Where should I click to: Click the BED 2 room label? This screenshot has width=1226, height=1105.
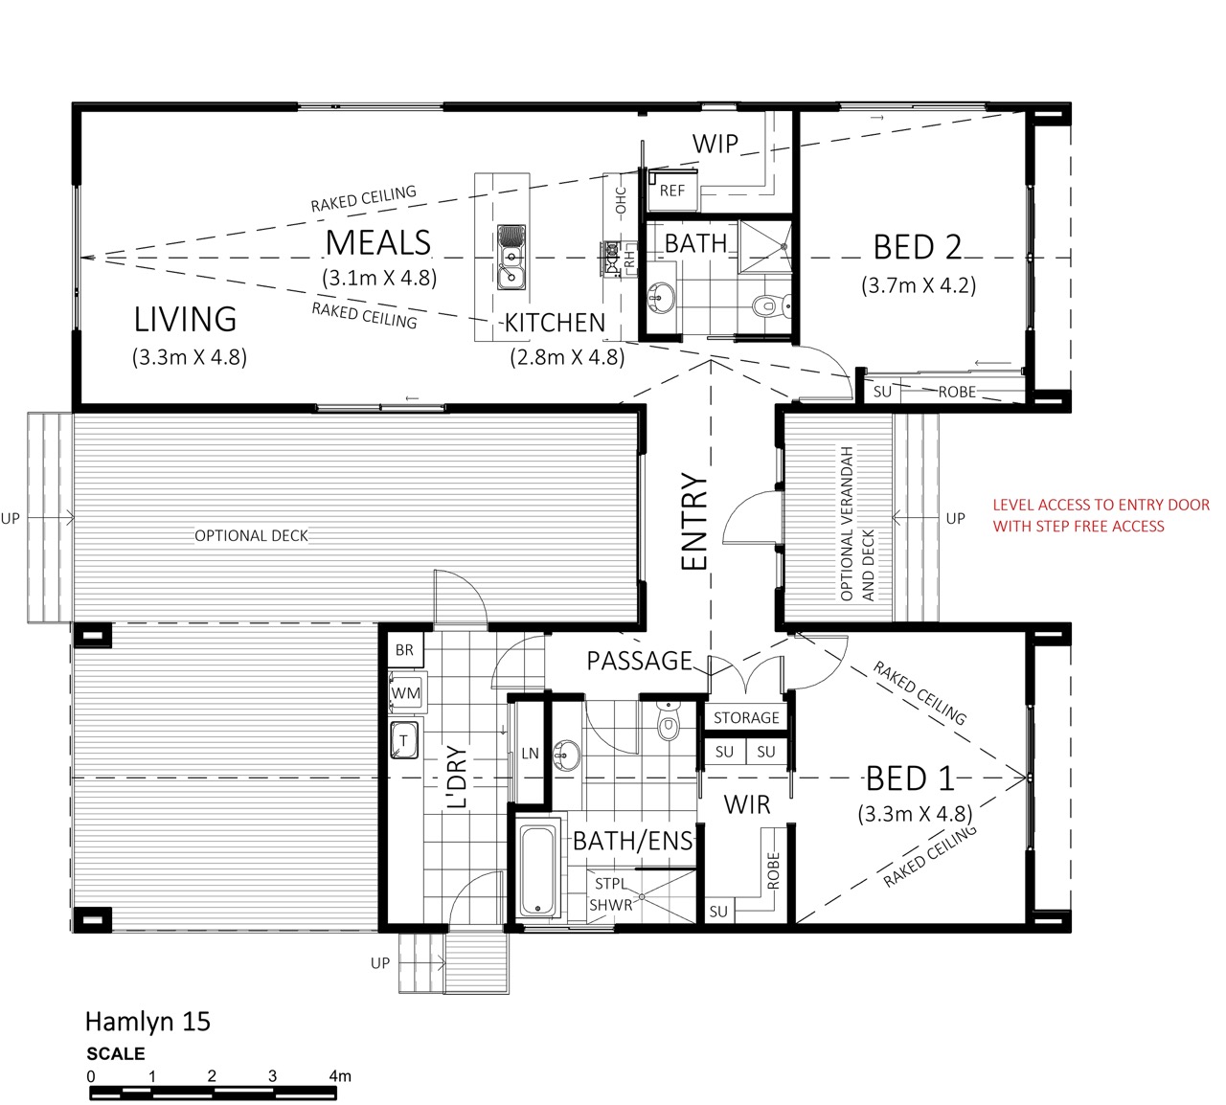point(918,247)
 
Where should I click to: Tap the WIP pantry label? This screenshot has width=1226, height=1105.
point(715,144)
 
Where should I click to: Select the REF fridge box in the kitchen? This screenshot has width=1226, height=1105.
point(672,191)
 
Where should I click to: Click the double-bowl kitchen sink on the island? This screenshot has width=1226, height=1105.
point(511,257)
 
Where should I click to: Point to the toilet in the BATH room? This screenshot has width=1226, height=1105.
point(771,304)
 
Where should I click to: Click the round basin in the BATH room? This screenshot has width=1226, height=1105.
point(660,298)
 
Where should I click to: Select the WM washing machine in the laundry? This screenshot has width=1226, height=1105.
point(406,693)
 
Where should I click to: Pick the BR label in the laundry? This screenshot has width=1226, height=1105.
point(404,650)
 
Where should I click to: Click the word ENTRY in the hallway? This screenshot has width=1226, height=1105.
point(694,521)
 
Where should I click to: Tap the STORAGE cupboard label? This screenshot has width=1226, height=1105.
point(746,717)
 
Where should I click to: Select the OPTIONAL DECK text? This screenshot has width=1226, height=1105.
point(251,536)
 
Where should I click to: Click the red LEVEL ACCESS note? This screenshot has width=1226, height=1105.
point(1101,515)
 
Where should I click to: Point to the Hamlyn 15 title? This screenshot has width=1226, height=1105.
point(148,1022)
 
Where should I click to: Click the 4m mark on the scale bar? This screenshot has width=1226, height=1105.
point(340,1076)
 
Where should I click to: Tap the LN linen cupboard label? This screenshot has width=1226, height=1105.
point(530,754)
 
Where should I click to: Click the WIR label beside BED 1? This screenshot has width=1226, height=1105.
point(747,805)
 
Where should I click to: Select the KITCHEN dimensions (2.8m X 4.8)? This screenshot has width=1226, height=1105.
point(567,357)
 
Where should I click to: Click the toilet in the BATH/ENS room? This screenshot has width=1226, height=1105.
point(668,722)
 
